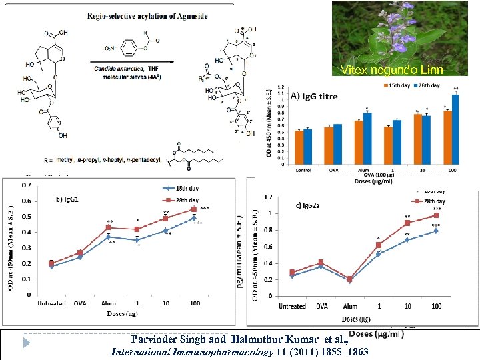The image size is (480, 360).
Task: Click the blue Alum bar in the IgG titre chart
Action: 368,140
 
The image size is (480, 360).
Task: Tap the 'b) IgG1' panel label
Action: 69,199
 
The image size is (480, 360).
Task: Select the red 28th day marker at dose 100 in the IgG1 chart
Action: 194,209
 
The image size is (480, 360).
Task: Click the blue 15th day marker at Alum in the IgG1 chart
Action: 108,237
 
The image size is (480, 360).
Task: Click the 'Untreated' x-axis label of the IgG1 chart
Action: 51,303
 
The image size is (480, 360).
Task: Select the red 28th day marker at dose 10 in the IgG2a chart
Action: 407,223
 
